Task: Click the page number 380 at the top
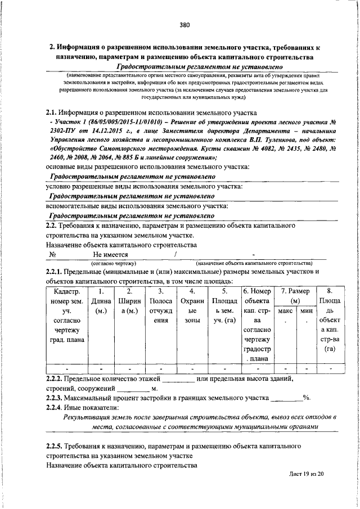185,25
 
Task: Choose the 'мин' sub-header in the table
307,310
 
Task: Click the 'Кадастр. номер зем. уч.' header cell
67,315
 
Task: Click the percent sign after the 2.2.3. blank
307,397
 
